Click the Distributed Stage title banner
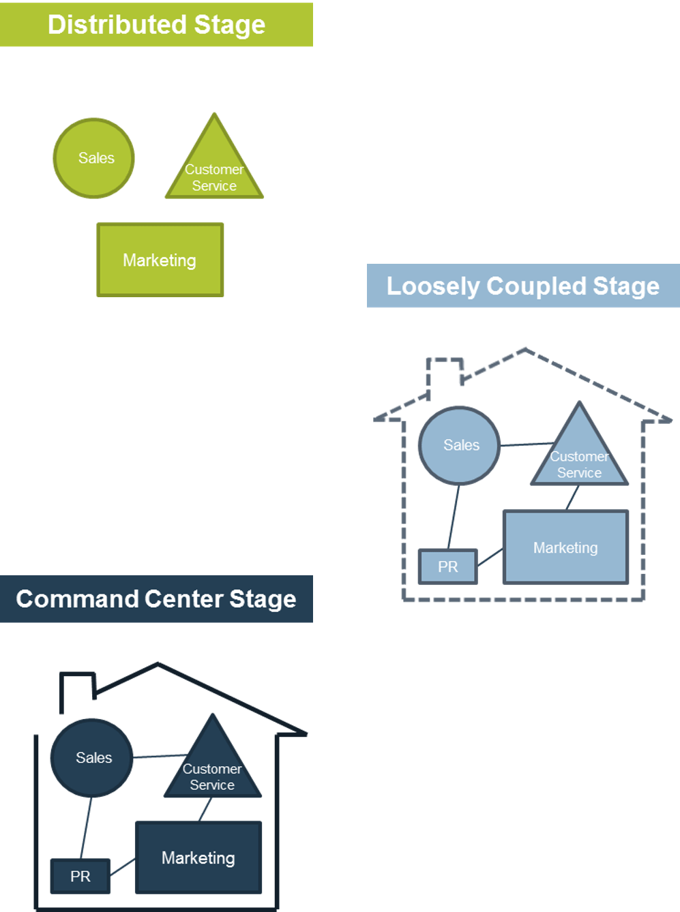156,25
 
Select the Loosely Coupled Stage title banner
522,286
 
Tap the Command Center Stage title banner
156,599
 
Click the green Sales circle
94,158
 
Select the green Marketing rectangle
160,260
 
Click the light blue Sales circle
459,446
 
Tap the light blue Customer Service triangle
579,458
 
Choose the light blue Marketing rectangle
565,548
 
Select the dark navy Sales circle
91,758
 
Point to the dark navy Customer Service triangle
212,770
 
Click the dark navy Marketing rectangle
198,857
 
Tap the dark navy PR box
80,877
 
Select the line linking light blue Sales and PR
454,517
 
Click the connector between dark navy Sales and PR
86,828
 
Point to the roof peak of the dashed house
525,350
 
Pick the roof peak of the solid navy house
158,664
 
